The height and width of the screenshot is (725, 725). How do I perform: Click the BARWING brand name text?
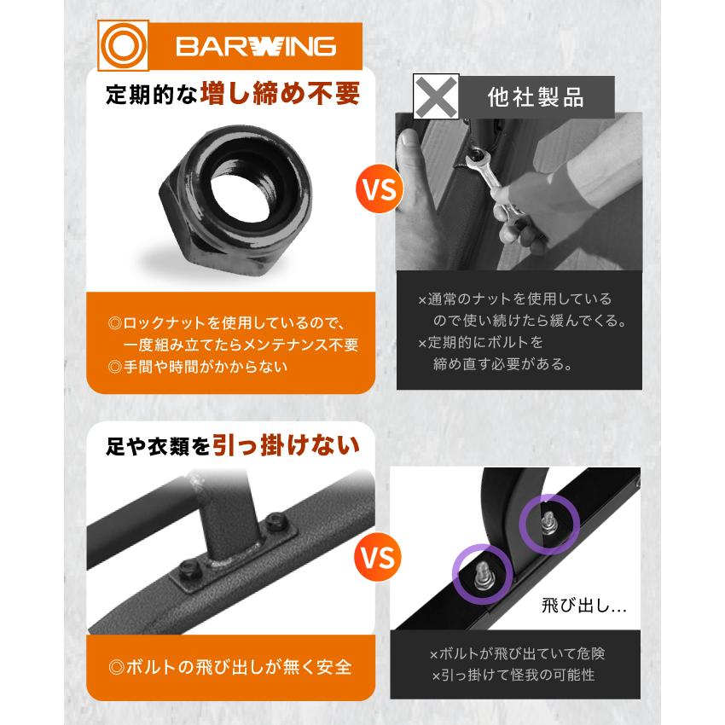click(256, 45)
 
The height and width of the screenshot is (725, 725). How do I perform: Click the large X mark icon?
click(436, 96)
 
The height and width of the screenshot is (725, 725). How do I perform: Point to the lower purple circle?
click(482, 572)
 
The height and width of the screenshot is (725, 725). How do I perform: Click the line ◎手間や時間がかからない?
click(198, 367)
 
